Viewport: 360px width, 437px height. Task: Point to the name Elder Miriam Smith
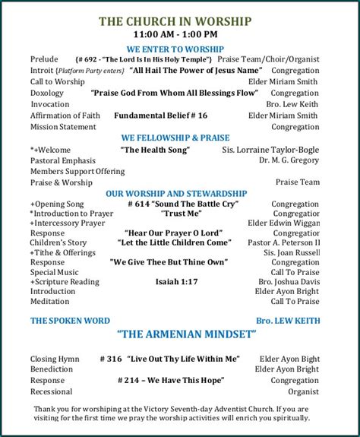(x=287, y=81)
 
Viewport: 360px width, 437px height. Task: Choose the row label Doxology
(x=48, y=93)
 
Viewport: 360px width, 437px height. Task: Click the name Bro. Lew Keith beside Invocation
(x=293, y=104)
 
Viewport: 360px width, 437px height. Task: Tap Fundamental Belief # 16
(x=160, y=116)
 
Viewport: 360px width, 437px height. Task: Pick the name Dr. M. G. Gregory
(x=289, y=161)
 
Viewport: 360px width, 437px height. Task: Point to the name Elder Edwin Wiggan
(x=283, y=224)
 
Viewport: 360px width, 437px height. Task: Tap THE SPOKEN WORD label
(x=70, y=321)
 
